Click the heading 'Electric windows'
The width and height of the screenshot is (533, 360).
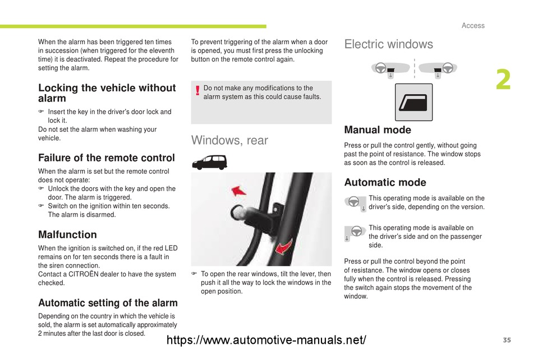388,44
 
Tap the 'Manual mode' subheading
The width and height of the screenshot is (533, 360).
377,130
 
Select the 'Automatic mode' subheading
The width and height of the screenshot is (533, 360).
385,182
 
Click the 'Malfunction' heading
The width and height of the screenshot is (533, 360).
67,234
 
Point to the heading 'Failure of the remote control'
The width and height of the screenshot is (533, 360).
107,158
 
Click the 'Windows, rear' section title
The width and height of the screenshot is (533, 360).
229,140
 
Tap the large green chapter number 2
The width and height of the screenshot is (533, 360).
503,81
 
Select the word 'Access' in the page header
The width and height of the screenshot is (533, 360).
473,25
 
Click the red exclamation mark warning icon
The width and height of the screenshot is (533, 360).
197,91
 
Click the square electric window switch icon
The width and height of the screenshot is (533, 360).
413,103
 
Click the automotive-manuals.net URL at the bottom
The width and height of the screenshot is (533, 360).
267,340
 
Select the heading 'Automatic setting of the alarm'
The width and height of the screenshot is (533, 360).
108,303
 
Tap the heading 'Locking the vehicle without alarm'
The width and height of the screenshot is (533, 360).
107,93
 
